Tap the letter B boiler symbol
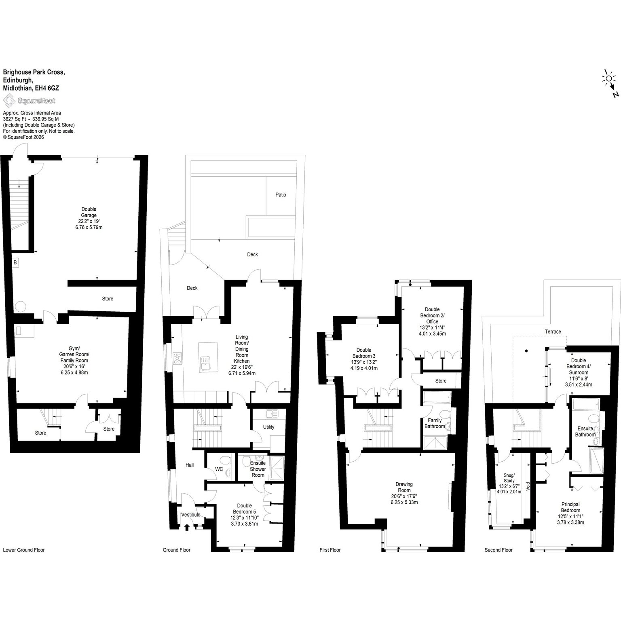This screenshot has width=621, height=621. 15,263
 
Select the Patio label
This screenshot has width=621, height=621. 281,195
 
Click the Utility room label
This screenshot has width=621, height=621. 268,427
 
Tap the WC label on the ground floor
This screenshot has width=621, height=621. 219,469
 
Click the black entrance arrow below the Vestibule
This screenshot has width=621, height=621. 187,526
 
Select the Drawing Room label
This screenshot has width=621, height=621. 404,487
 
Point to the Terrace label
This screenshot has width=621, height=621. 553,332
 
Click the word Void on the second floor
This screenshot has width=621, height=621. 528,486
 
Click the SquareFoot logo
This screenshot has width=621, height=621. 29,100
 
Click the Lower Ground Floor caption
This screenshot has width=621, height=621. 24,550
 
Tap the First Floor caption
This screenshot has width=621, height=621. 330,550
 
